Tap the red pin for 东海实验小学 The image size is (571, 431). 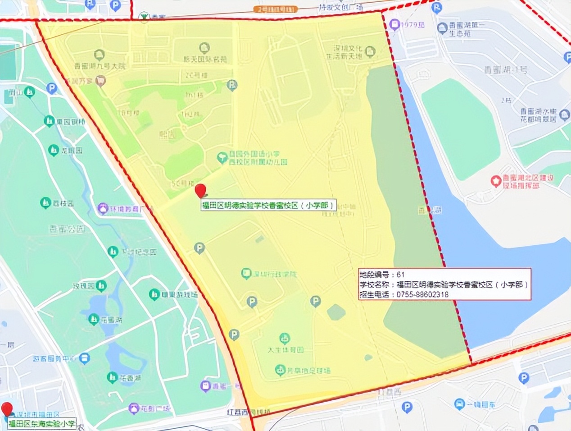coord(7,409)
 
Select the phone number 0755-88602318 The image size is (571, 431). coord(422,294)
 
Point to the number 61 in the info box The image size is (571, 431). coord(401,274)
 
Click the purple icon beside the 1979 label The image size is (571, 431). coord(394,25)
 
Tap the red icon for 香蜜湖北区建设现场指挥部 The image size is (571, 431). coord(496,181)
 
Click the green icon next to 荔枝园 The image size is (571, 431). coord(45,203)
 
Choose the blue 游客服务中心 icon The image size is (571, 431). coord(84,358)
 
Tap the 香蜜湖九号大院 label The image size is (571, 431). coord(100,66)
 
